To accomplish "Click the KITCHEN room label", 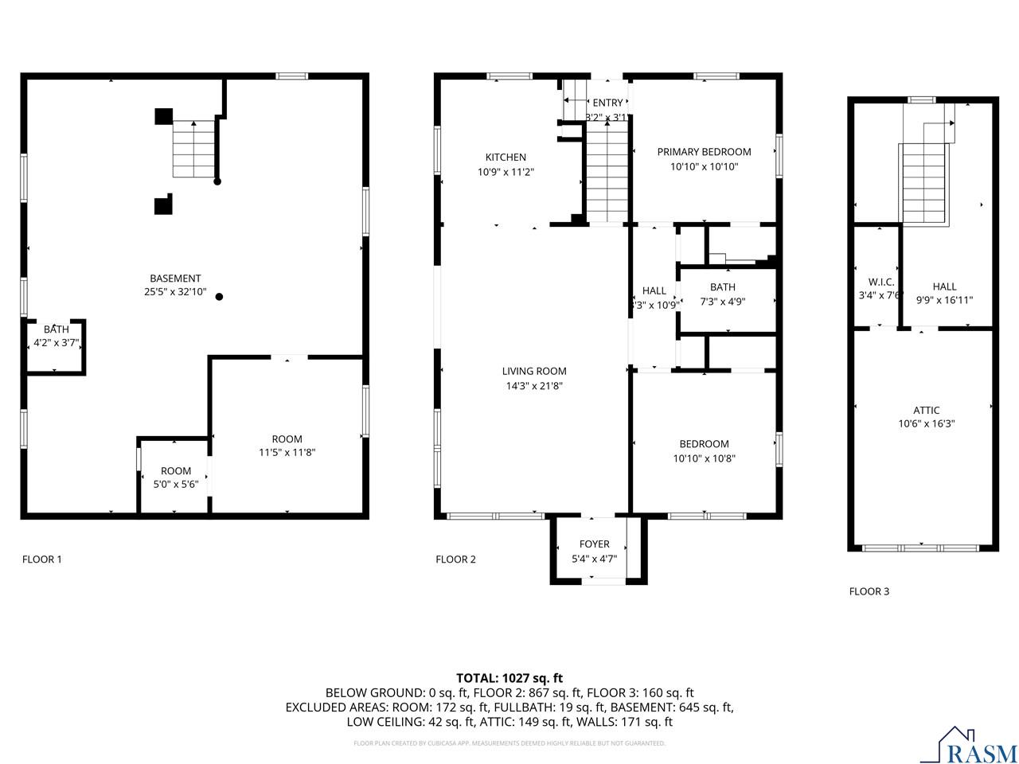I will point(506,157).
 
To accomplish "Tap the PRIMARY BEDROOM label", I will point(704,152).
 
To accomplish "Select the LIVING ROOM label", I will point(534,371).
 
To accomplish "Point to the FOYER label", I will point(594,544).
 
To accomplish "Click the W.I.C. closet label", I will point(880,283).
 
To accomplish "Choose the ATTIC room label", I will point(926,411).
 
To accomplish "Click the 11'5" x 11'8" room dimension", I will point(287,452).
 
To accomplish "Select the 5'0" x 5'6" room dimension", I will point(176,484).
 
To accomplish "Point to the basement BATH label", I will point(56,329).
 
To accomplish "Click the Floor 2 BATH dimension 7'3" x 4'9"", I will point(722,301).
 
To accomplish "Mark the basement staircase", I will point(194,149).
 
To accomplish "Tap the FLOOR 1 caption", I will point(41,559).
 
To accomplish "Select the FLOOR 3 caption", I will point(869,591).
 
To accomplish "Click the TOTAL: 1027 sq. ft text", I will point(509,678).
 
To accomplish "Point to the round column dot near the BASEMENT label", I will point(220,297).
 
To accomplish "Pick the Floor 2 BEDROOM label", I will point(704,444).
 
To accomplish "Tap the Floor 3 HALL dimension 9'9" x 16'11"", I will point(944,300).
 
